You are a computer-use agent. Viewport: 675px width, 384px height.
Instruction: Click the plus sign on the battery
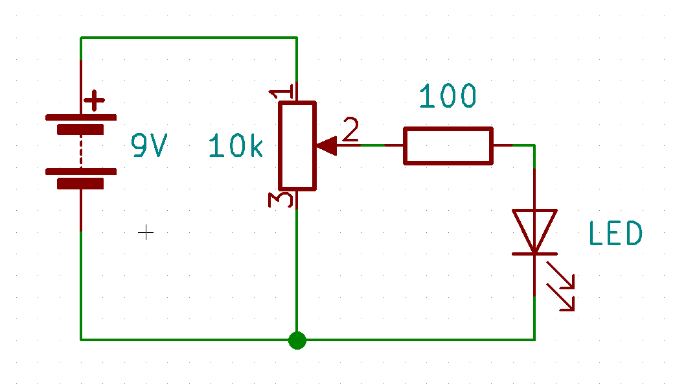click(x=95, y=101)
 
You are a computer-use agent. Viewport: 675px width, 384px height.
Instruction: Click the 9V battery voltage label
click(x=150, y=146)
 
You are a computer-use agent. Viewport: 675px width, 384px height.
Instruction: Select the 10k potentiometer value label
click(x=236, y=147)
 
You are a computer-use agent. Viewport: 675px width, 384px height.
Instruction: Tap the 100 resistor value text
click(x=448, y=97)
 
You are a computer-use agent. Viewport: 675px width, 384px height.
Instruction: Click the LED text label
click(x=615, y=234)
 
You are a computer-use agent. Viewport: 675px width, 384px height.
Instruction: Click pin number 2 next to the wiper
click(x=350, y=130)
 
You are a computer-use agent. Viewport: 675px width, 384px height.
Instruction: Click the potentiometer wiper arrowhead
click(x=326, y=146)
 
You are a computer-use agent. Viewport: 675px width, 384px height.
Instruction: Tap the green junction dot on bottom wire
click(x=297, y=339)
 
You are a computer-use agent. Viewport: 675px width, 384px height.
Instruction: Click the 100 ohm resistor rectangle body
click(x=448, y=146)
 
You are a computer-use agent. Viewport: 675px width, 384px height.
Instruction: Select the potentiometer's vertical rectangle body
click(x=297, y=146)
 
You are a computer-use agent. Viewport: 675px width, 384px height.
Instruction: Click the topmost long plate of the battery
click(x=81, y=117)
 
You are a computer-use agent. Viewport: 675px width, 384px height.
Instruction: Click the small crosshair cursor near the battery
click(x=146, y=232)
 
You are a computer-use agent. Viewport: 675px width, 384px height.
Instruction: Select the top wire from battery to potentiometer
click(x=188, y=38)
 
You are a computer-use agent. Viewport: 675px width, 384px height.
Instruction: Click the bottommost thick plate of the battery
click(x=80, y=184)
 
